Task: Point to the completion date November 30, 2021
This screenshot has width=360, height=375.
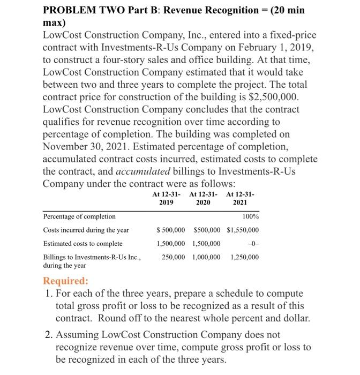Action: click(89, 146)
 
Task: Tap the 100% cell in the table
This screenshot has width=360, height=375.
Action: click(250, 216)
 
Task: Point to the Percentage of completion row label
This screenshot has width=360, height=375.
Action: click(79, 216)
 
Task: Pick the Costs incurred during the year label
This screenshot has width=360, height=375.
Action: click(86, 230)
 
